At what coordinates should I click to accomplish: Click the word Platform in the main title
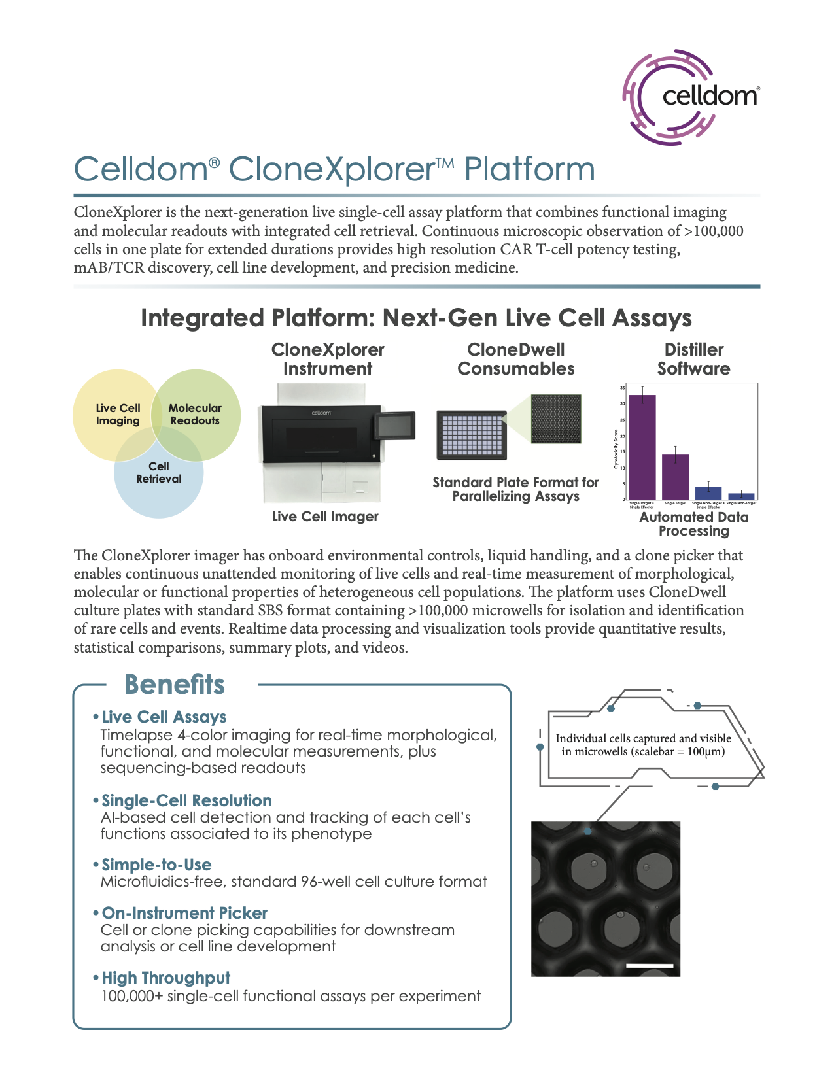click(529, 169)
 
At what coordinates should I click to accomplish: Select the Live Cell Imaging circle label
click(118, 415)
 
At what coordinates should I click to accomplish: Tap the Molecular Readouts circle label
click(195, 415)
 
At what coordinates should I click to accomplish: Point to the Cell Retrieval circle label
click(158, 472)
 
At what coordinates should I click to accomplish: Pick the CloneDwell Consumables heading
click(515, 359)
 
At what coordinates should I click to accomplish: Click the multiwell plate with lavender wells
click(471, 435)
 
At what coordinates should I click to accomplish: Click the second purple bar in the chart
click(675, 477)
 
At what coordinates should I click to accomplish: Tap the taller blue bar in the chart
click(708, 492)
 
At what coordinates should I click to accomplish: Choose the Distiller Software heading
click(693, 359)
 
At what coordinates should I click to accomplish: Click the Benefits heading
click(175, 685)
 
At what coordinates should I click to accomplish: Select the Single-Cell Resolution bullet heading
click(186, 800)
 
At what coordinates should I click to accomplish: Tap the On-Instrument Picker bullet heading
click(184, 913)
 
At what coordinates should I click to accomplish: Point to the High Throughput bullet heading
click(166, 978)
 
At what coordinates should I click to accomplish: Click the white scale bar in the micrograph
click(649, 965)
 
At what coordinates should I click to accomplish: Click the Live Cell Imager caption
click(325, 517)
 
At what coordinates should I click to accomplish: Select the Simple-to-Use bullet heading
click(156, 865)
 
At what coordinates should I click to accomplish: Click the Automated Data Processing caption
click(693, 524)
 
